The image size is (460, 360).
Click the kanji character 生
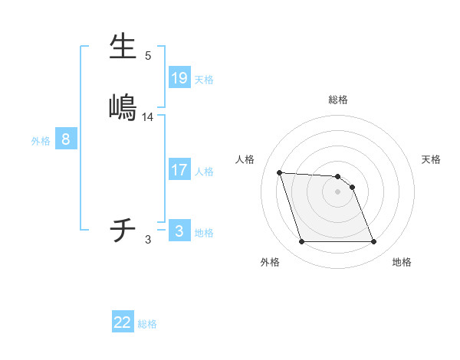[123, 47]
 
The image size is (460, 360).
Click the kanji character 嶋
[123, 106]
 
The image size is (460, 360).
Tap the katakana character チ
[123, 229]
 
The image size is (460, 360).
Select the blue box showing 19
[179, 77]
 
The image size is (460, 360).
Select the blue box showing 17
[179, 170]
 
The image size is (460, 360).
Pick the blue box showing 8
[66, 139]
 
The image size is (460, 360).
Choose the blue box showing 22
[123, 322]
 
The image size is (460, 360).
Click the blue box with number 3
[179, 231]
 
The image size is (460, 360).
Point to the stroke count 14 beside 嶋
[148, 117]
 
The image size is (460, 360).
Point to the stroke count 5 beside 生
[148, 56]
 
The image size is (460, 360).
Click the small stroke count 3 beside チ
[148, 240]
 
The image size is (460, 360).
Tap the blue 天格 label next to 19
[204, 79]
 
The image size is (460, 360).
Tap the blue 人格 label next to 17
[204, 172]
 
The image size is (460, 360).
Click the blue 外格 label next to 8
[41, 141]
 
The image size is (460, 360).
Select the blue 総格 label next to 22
[147, 324]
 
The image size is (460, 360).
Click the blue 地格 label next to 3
[204, 233]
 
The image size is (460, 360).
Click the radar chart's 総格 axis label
[338, 100]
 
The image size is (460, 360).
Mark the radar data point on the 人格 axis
[280, 172]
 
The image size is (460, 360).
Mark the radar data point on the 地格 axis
[373, 242]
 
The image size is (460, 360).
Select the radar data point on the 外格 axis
[301, 242]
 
